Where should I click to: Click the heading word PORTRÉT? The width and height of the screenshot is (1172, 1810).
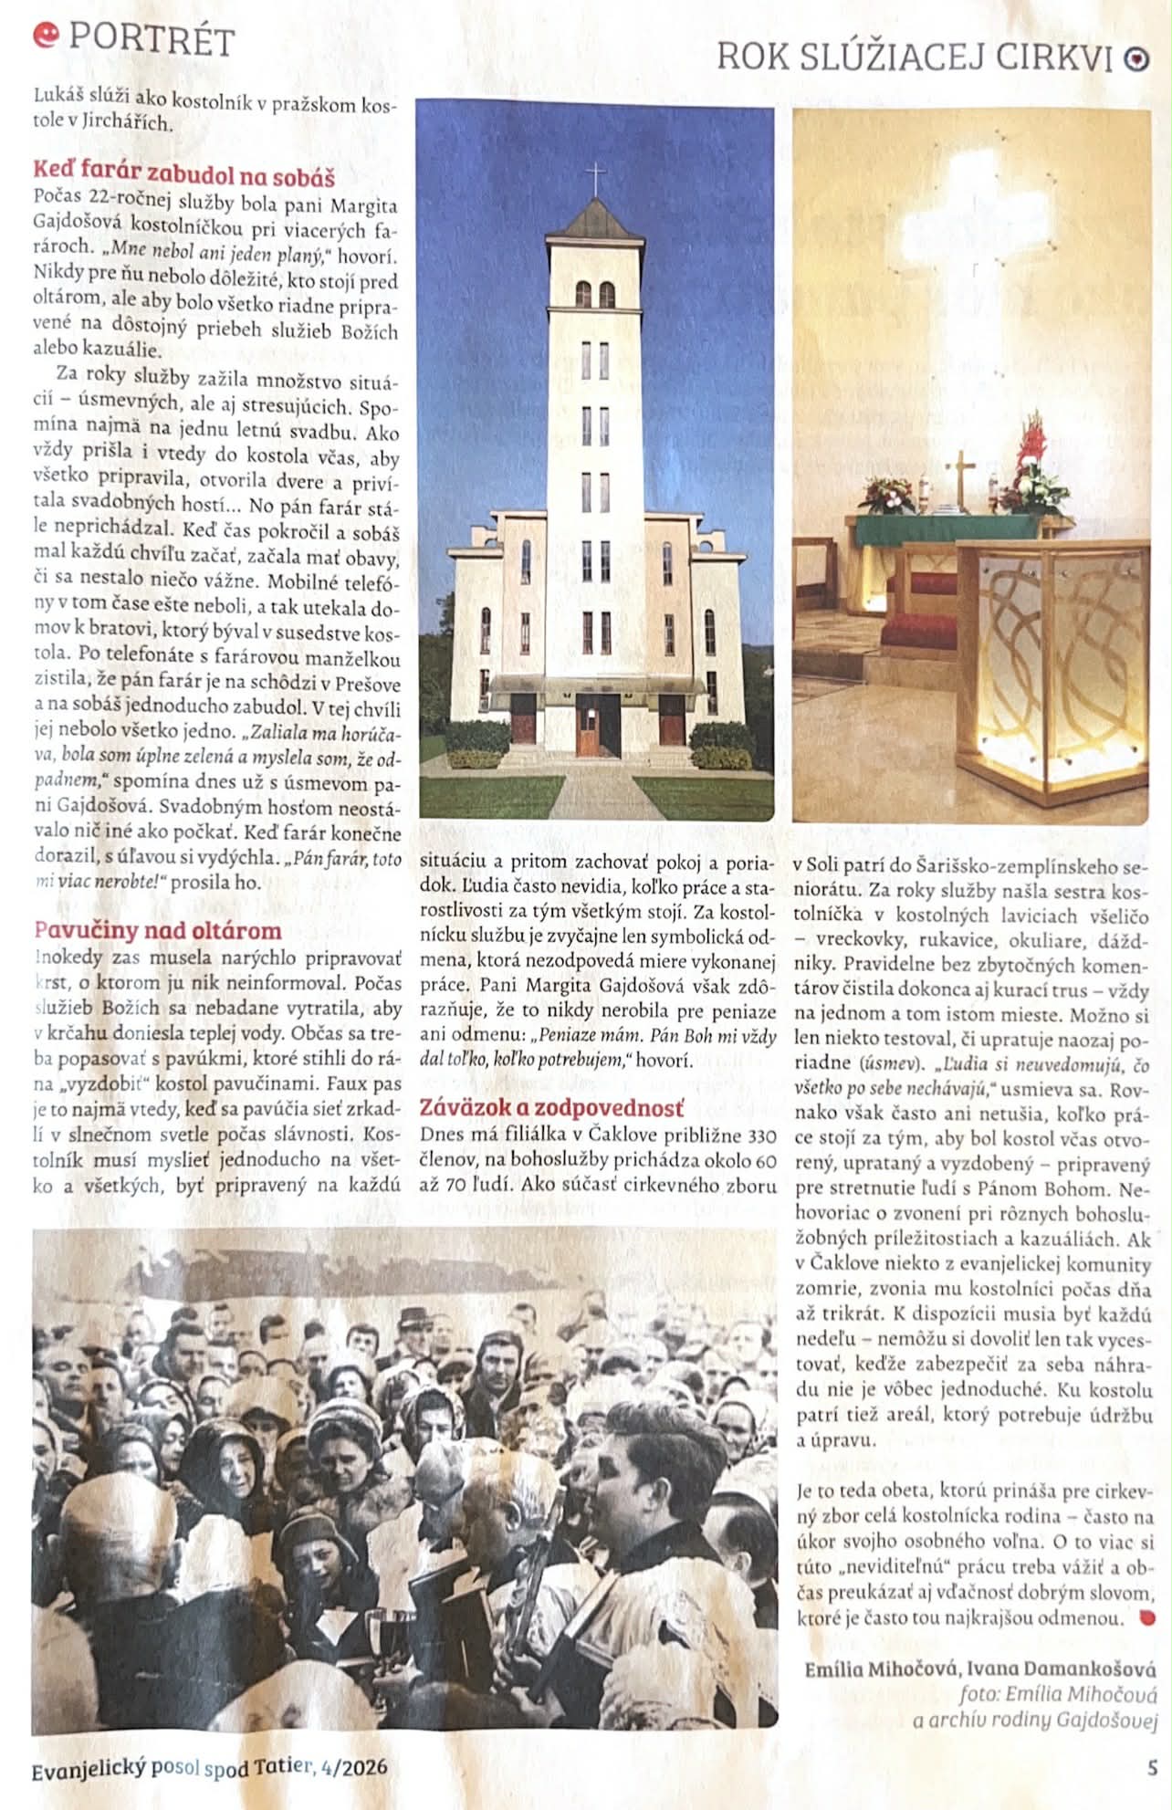tap(152, 39)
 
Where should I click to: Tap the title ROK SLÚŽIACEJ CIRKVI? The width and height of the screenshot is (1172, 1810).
tap(914, 58)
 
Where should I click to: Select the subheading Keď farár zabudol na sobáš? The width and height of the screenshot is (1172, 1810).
tap(183, 173)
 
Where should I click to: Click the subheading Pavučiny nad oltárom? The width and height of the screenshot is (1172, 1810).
tap(157, 930)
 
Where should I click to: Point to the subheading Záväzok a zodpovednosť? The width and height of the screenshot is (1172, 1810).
tap(551, 1108)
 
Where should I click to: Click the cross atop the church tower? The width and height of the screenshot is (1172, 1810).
tap(595, 178)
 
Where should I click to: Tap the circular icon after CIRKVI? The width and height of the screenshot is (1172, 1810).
tap(1135, 59)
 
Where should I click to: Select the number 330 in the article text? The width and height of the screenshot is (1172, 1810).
tap(761, 1135)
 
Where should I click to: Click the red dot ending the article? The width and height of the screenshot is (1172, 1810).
tap(1147, 1618)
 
